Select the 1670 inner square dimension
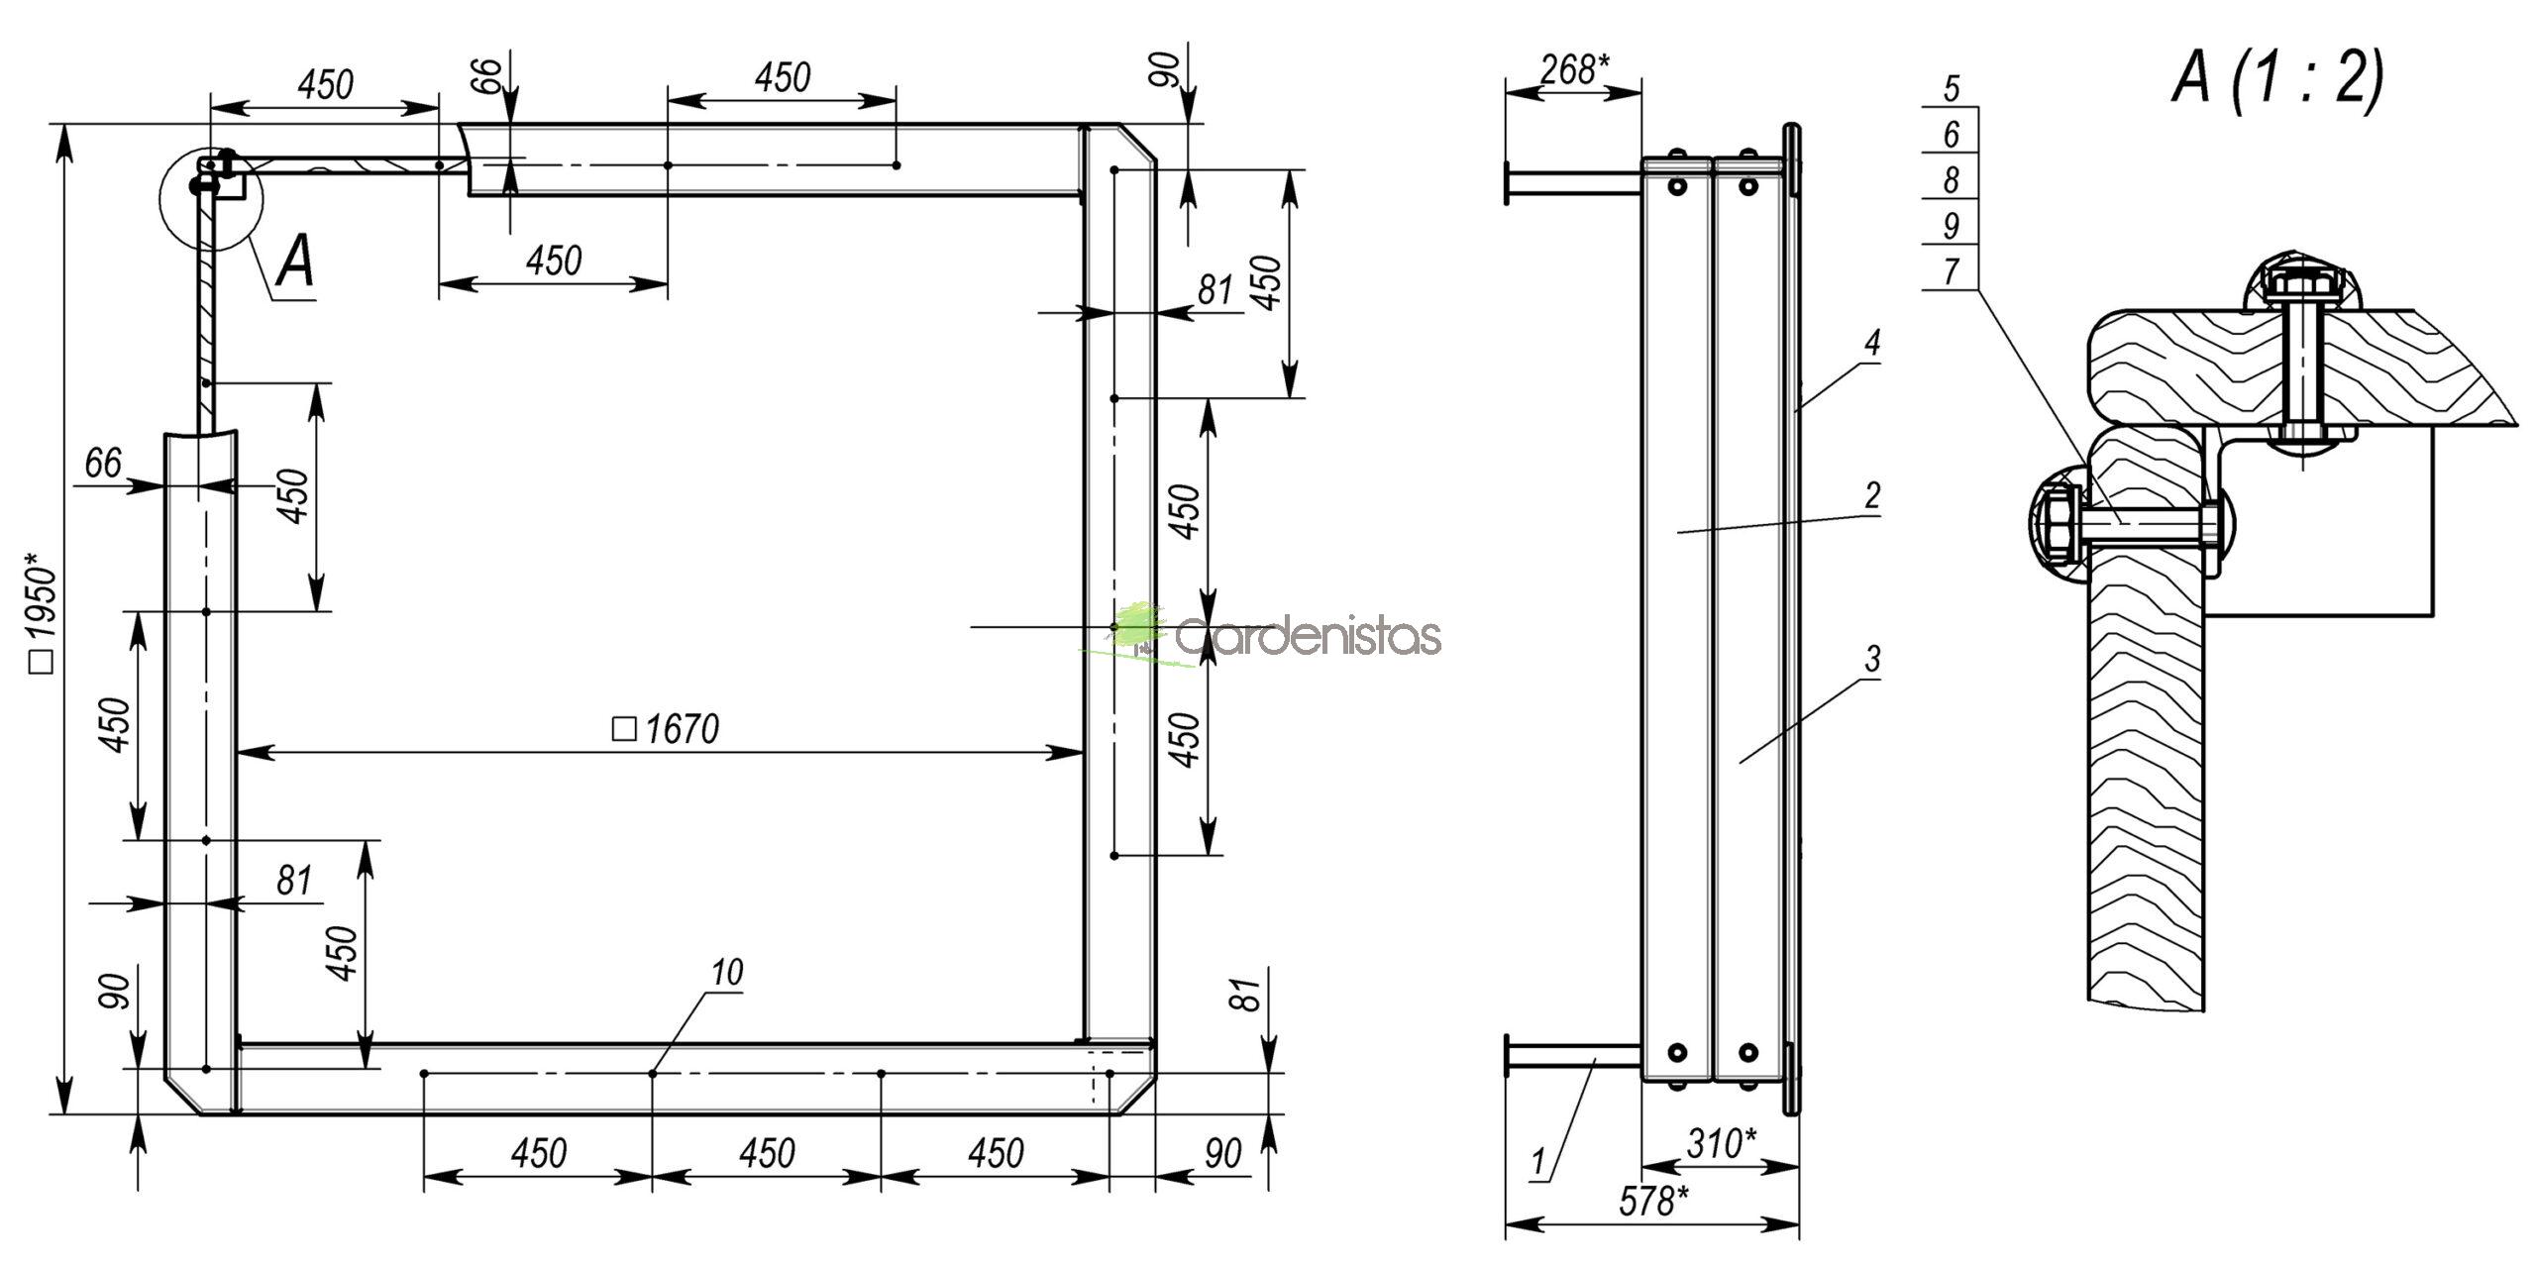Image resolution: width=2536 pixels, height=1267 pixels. [x=666, y=730]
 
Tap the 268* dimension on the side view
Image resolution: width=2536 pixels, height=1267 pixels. [x=1574, y=69]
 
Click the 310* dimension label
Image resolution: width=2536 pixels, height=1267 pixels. [x=1721, y=1144]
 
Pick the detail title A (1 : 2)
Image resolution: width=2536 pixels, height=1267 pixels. [x=2277, y=79]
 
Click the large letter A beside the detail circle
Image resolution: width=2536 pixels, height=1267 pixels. [x=296, y=263]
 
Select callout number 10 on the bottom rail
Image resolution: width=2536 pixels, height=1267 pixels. [x=727, y=972]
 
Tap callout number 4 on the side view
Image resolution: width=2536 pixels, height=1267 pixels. [x=1871, y=344]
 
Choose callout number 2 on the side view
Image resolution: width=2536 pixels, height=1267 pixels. [x=1871, y=495]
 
